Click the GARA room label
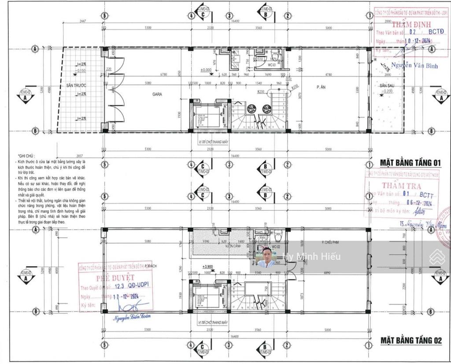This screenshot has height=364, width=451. pos(158,94)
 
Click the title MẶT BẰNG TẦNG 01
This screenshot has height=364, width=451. pos(410,163)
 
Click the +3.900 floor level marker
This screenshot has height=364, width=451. pos(208,267)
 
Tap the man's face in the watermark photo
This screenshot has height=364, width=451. pos(267,254)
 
